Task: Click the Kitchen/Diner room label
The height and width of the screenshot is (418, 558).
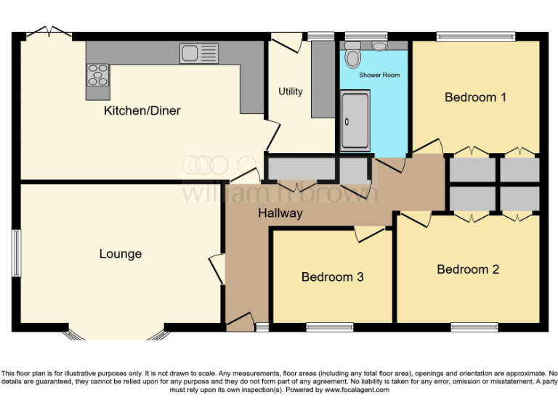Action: click(142, 111)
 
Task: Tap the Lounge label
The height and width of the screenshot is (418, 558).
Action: click(121, 254)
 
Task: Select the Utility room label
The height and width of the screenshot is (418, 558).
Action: click(291, 91)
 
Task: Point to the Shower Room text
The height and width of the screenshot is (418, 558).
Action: click(379, 75)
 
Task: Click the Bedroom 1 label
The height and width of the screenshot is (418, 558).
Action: click(475, 97)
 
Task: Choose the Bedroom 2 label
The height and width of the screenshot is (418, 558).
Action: click(468, 269)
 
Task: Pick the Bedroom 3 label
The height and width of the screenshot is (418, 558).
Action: click(332, 277)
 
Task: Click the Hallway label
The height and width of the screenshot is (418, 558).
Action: click(280, 213)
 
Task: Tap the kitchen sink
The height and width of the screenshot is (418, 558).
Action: click(199, 52)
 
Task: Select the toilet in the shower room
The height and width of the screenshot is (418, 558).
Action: click(353, 55)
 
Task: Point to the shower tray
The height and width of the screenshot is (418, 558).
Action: click(355, 120)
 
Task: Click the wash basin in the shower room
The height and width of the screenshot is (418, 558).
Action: click(379, 46)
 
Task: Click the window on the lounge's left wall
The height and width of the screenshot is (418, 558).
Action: click(16, 253)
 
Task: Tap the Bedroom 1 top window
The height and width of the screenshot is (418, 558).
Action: click(475, 36)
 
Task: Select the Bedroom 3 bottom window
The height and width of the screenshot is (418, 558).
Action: click(329, 327)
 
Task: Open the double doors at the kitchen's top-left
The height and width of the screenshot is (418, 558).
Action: click(49, 33)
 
